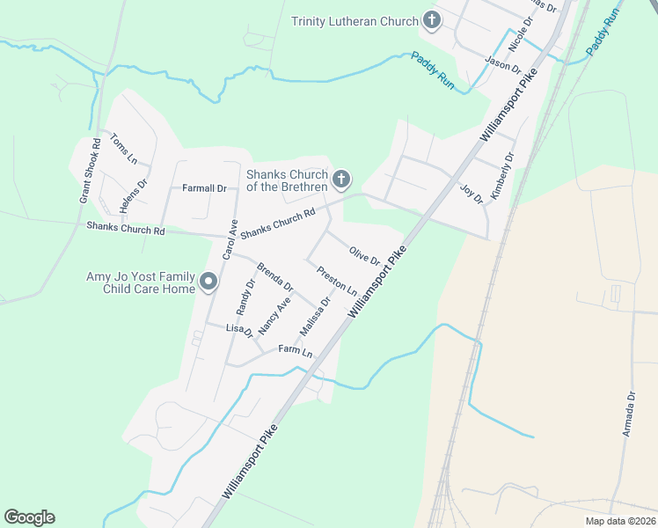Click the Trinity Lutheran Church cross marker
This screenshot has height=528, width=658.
tap(431, 20)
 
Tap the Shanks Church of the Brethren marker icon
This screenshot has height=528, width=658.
tap(341, 180)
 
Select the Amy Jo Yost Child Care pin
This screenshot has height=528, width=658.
tap(208, 282)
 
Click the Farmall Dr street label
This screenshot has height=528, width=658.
tap(204, 188)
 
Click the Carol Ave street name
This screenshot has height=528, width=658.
tap(229, 238)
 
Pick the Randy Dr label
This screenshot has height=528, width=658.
tap(245, 297)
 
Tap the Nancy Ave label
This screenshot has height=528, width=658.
tap(274, 314)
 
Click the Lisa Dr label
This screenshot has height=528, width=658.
tap(239, 330)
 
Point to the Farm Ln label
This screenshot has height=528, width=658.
tap(295, 351)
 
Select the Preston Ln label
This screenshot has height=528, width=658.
tap(337, 281)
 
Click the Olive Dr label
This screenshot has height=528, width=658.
tap(363, 256)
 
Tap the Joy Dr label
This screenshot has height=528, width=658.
tap(472, 194)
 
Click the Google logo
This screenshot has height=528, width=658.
tap(29, 517)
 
